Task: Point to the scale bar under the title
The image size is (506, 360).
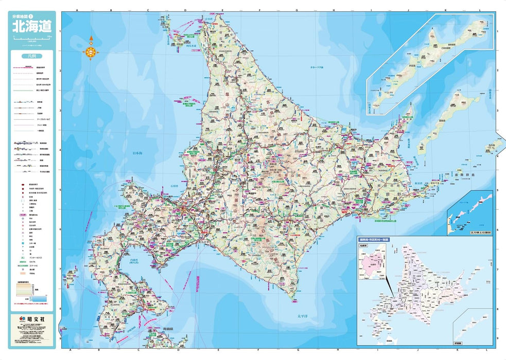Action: tap(32, 39)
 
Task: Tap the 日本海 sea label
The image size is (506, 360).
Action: tap(138, 153)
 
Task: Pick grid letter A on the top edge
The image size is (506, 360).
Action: tap(76, 10)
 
